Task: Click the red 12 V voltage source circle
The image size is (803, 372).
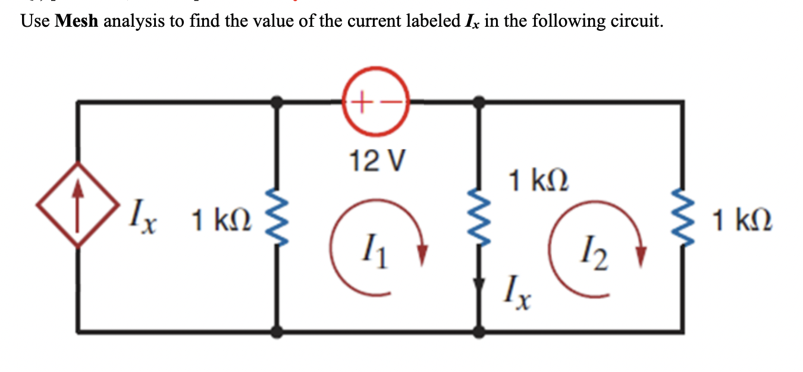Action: pyautogui.click(x=376, y=102)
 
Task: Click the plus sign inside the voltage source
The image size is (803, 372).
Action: pyautogui.click(x=363, y=102)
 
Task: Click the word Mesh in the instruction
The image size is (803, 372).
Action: pyautogui.click(x=79, y=22)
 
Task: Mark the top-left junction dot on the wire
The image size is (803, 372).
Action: pyautogui.click(x=276, y=102)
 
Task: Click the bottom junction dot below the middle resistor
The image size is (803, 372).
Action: pyautogui.click(x=479, y=332)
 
